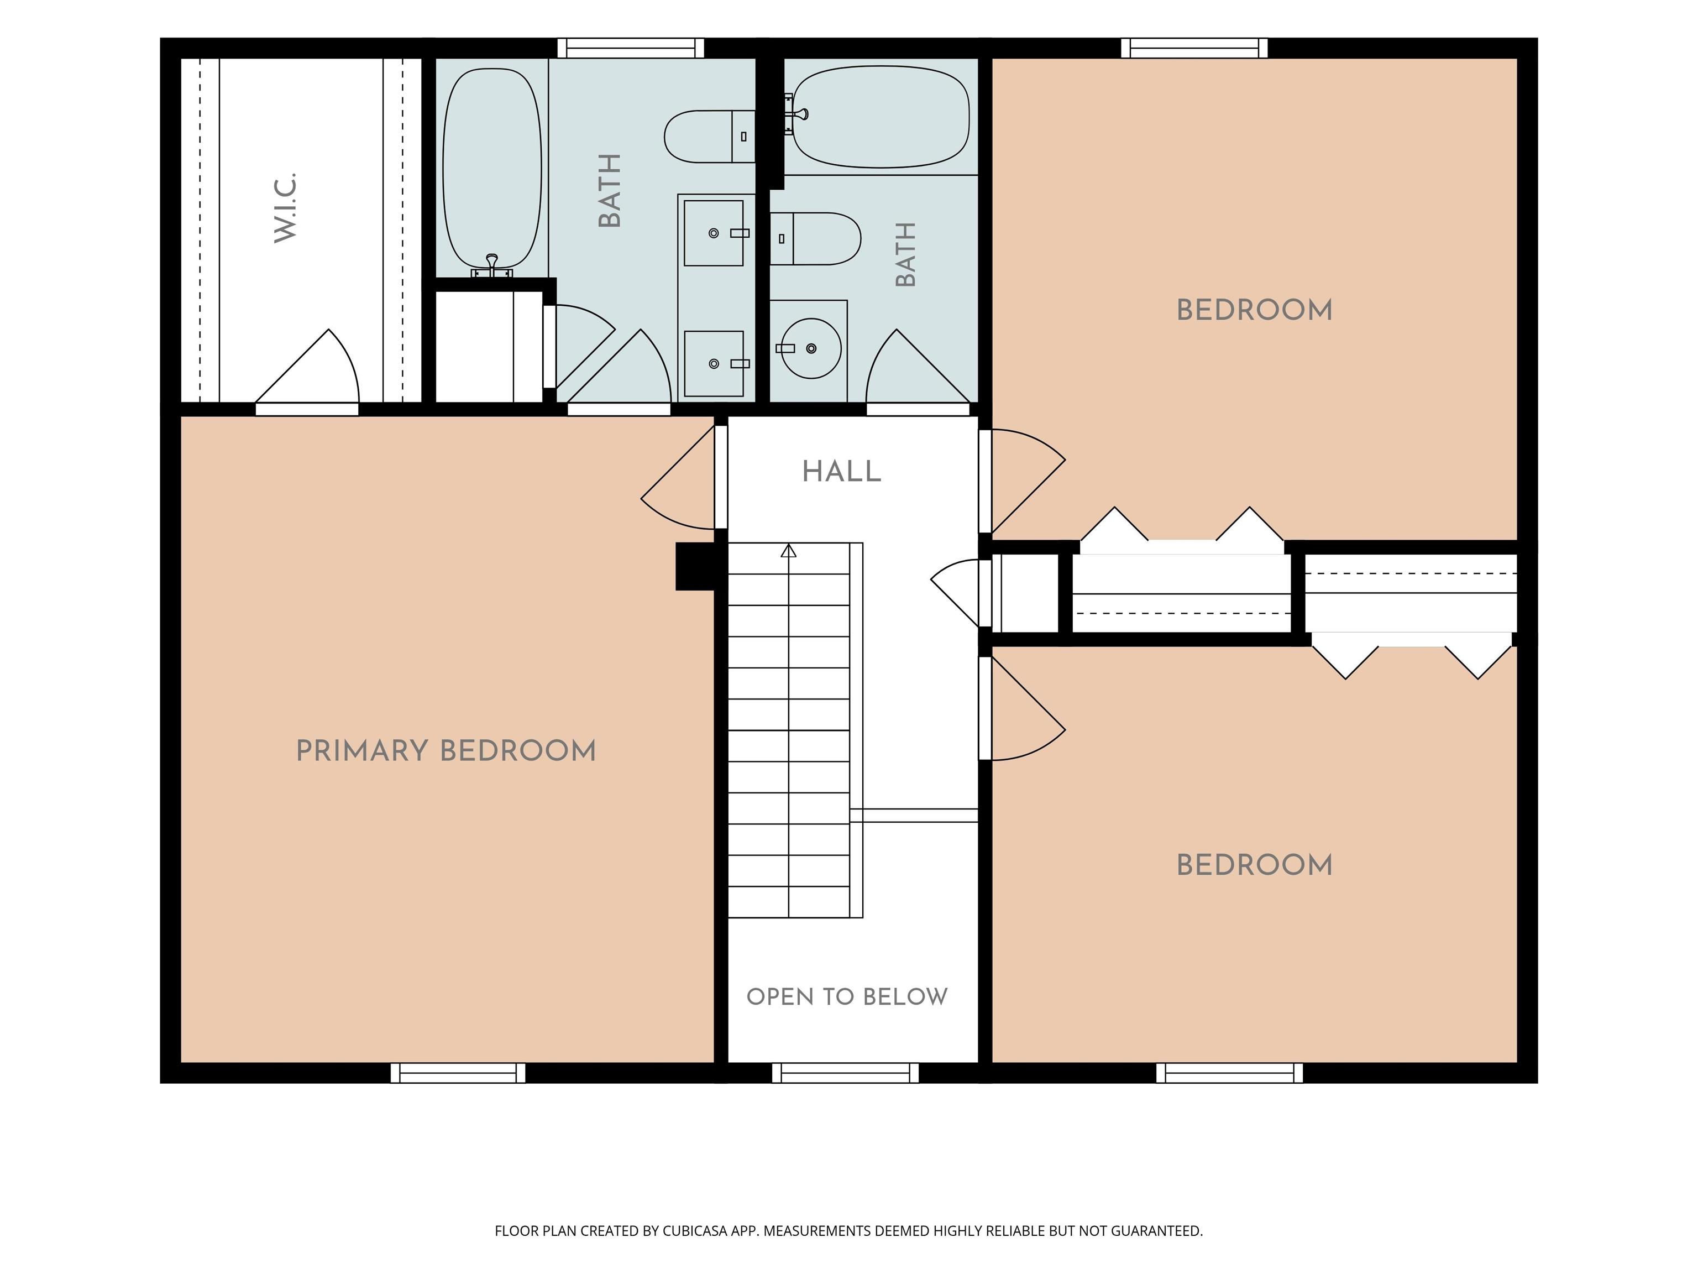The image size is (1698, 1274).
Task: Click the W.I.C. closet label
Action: (x=286, y=207)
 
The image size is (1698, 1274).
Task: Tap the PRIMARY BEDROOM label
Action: (x=446, y=751)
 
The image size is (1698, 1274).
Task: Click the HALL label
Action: (x=842, y=472)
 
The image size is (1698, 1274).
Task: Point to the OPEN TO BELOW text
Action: (x=847, y=997)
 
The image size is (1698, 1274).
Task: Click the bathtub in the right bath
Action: (x=881, y=117)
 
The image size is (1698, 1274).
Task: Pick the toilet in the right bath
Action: (x=815, y=239)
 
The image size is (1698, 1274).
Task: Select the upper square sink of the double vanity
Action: (x=714, y=233)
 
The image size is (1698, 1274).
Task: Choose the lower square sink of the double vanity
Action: (x=714, y=364)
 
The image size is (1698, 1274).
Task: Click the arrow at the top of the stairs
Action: (x=788, y=551)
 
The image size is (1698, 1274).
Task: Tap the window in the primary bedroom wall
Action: (x=458, y=1073)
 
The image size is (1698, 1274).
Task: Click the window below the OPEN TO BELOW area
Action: (x=845, y=1073)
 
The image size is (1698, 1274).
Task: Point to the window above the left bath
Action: (x=630, y=48)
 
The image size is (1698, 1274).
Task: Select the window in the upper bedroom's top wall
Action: (x=1194, y=48)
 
